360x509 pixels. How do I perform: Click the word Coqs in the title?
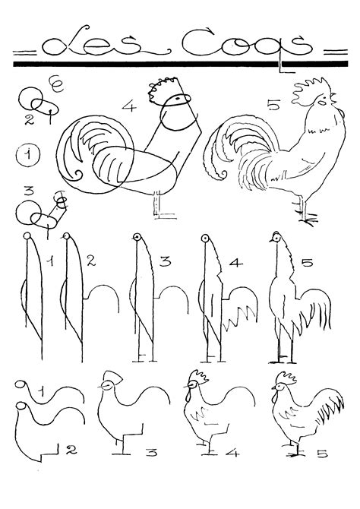pyautogui.click(x=247, y=44)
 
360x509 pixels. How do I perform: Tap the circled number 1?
pyautogui.click(x=27, y=154)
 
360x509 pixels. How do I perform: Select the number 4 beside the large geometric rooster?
pyautogui.click(x=129, y=106)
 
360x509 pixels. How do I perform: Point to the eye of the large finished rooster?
pyautogui.click(x=321, y=102)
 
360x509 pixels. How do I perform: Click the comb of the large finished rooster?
pyautogui.click(x=310, y=90)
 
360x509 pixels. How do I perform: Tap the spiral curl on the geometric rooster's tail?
pyautogui.click(x=77, y=175)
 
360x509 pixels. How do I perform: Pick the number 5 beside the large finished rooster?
pyautogui.click(x=273, y=106)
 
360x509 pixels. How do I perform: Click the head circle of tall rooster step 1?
pyautogui.click(x=27, y=236)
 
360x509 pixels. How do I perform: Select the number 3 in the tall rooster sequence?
pyautogui.click(x=165, y=261)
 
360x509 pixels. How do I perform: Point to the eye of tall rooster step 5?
pyautogui.click(x=276, y=239)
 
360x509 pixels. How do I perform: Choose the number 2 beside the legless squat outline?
pyautogui.click(x=71, y=450)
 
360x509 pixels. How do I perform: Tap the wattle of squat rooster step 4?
pyautogui.click(x=187, y=395)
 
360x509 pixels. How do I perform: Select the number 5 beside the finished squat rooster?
pyautogui.click(x=322, y=454)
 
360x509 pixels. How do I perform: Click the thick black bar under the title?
pyautogui.click(x=181, y=64)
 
